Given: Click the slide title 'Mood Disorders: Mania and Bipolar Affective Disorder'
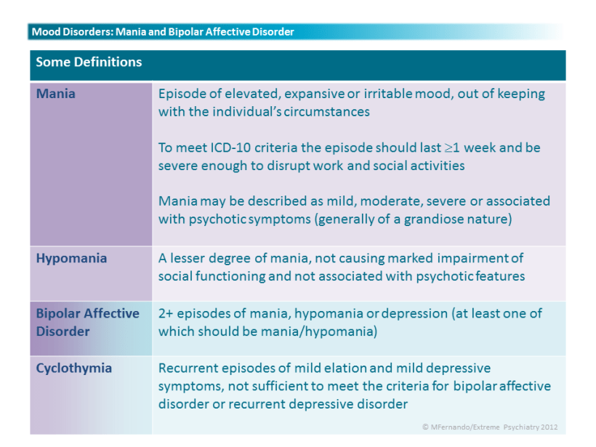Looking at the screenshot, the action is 163,31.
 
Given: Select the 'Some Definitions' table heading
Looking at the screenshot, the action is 89,62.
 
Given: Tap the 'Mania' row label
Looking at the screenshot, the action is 55,94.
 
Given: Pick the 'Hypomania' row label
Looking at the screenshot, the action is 71,259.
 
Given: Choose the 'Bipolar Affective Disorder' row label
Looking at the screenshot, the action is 88,322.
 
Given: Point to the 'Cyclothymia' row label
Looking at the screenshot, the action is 73,369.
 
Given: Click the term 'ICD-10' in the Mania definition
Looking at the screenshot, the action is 230,148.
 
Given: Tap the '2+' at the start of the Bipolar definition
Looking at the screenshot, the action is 165,313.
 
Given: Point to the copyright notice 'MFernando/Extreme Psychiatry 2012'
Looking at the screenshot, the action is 490,427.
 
